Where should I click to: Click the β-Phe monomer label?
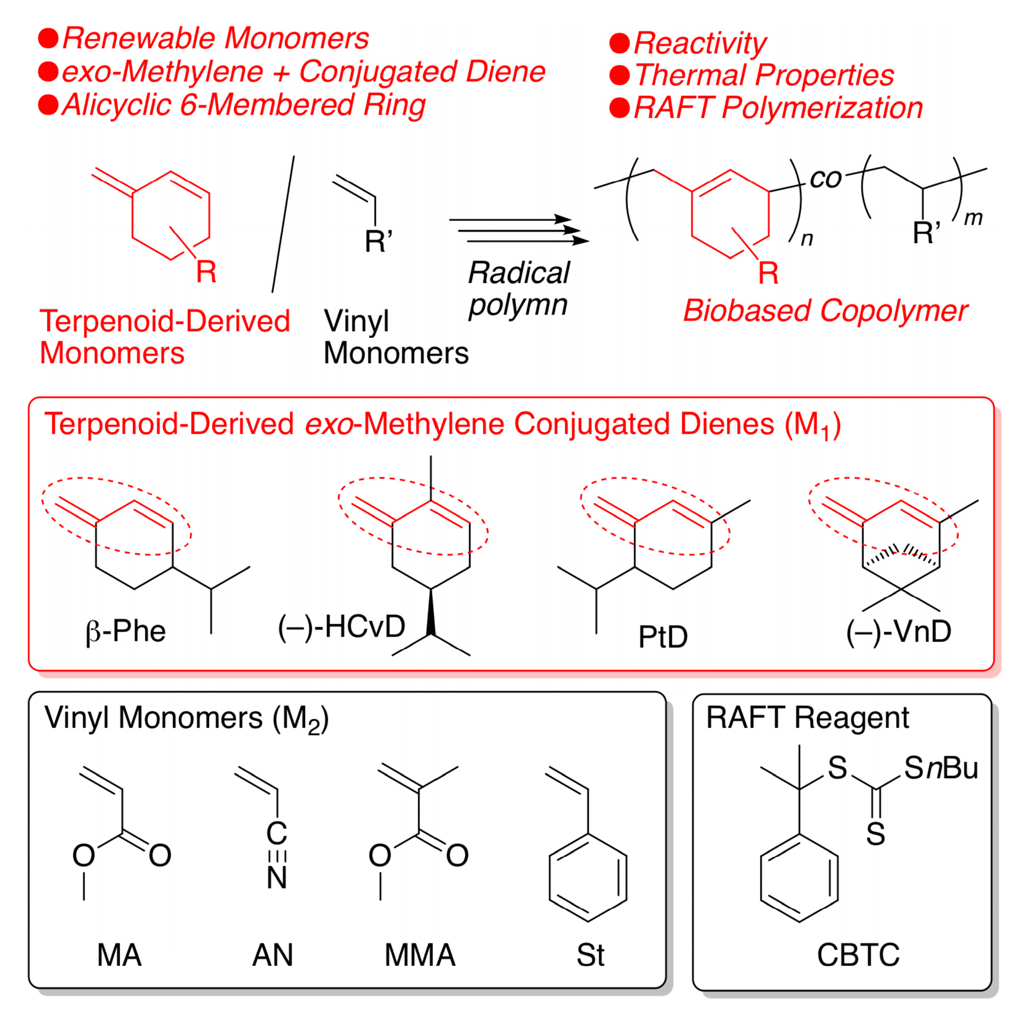[x=126, y=632]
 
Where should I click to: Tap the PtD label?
[x=663, y=637]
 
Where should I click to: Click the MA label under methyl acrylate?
[x=119, y=955]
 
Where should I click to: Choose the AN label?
[x=272, y=955]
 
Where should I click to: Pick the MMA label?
[x=420, y=955]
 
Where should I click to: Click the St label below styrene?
[x=590, y=955]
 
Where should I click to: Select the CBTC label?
[x=858, y=955]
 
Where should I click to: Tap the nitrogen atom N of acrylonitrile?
[x=277, y=878]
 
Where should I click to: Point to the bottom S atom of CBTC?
[x=875, y=835]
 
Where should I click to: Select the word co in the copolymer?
[x=825, y=178]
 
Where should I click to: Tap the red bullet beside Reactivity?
[x=619, y=43]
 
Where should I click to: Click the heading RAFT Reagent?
[x=808, y=718]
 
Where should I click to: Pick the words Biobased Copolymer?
[x=825, y=311]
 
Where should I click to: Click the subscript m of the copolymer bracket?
[x=973, y=218]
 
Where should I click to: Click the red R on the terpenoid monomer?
[x=206, y=272]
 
